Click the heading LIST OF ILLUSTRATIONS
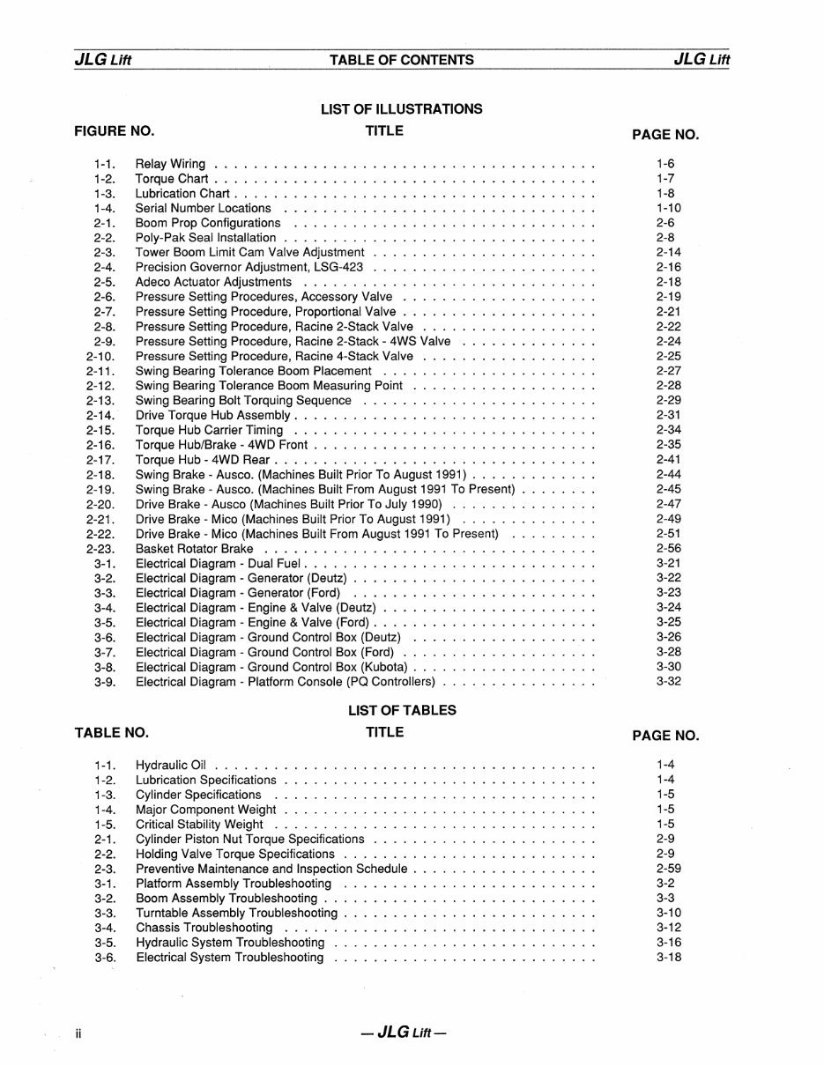401,109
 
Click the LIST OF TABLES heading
402,710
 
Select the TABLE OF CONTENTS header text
401,60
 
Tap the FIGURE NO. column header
115,131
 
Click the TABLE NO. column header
112,732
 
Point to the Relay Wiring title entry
170,164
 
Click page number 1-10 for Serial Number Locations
668,209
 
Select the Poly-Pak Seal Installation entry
205,238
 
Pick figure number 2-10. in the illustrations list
101,357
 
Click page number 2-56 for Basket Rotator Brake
668,549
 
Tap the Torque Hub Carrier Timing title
209,431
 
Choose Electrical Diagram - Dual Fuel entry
218,564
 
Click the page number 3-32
668,682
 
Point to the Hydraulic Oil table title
170,766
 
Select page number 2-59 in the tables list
668,870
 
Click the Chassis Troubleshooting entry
204,929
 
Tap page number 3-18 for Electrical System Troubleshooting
668,958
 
